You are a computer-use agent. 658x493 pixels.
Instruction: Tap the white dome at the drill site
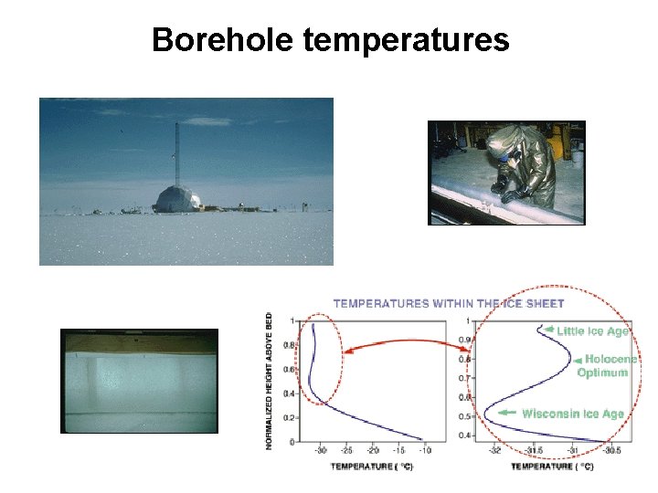175,199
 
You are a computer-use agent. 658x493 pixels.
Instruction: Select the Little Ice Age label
592,331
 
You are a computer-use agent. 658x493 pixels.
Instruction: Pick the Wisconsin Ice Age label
572,414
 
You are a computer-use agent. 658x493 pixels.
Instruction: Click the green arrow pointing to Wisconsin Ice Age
505,414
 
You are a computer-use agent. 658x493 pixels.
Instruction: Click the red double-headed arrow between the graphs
402,345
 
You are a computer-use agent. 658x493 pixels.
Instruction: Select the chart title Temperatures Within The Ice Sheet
448,303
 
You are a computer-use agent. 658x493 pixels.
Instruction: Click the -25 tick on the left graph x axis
346,451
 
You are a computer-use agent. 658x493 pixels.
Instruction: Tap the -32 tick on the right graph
494,451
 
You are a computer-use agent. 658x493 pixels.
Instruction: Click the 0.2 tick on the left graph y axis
292,417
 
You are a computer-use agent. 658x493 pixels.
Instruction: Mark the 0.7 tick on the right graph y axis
468,378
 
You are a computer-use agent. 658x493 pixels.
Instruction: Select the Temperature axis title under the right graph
551,467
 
